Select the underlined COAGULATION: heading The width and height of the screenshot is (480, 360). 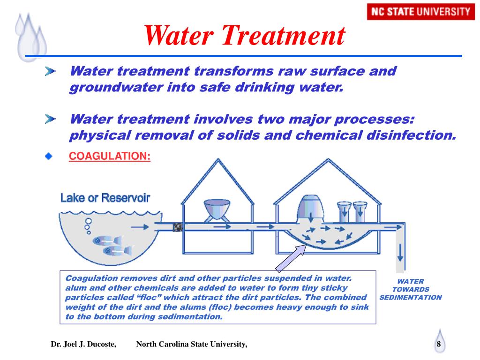[110, 156]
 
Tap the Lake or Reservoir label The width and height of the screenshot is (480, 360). [105, 198]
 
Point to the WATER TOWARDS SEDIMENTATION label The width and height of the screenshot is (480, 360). [410, 289]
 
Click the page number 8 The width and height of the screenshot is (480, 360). [439, 345]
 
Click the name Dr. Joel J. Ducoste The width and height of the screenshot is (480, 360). [83, 345]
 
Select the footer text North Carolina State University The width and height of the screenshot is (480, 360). [191, 345]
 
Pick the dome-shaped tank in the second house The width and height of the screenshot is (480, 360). [311, 207]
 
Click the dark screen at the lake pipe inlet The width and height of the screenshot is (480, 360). [178, 227]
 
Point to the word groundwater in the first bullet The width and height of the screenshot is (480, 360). [111, 88]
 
